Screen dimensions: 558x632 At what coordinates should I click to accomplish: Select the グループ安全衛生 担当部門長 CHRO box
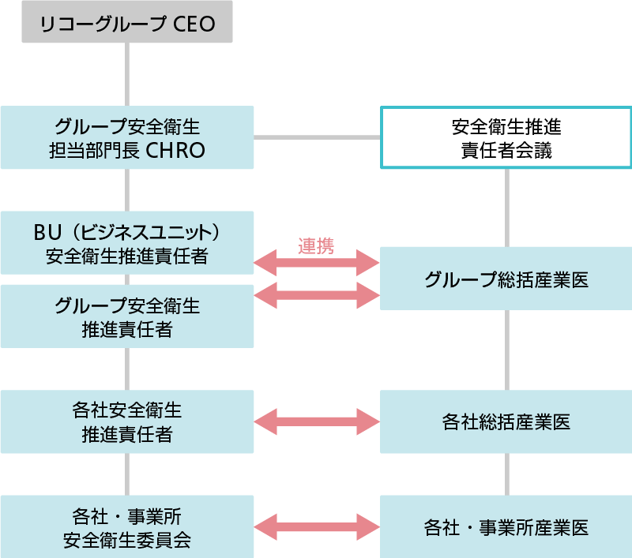[126, 137]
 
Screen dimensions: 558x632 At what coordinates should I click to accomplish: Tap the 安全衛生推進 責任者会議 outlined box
[506, 137]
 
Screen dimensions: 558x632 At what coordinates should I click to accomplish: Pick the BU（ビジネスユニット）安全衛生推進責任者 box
[126, 243]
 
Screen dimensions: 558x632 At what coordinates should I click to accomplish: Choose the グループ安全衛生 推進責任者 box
[126, 316]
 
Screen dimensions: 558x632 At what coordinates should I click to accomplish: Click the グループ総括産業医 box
[506, 279]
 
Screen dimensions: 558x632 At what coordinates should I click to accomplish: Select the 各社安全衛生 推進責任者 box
[126, 421]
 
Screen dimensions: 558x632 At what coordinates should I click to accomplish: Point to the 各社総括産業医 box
[506, 421]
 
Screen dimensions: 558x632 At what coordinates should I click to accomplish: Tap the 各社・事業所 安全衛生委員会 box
[126, 526]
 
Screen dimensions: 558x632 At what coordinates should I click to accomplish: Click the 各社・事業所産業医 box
[506, 526]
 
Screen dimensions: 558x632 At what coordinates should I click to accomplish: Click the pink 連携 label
[316, 246]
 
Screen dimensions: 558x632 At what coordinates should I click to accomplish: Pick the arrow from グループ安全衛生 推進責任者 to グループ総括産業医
[317, 295]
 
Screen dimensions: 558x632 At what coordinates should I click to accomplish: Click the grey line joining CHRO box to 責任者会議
[317, 137]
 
